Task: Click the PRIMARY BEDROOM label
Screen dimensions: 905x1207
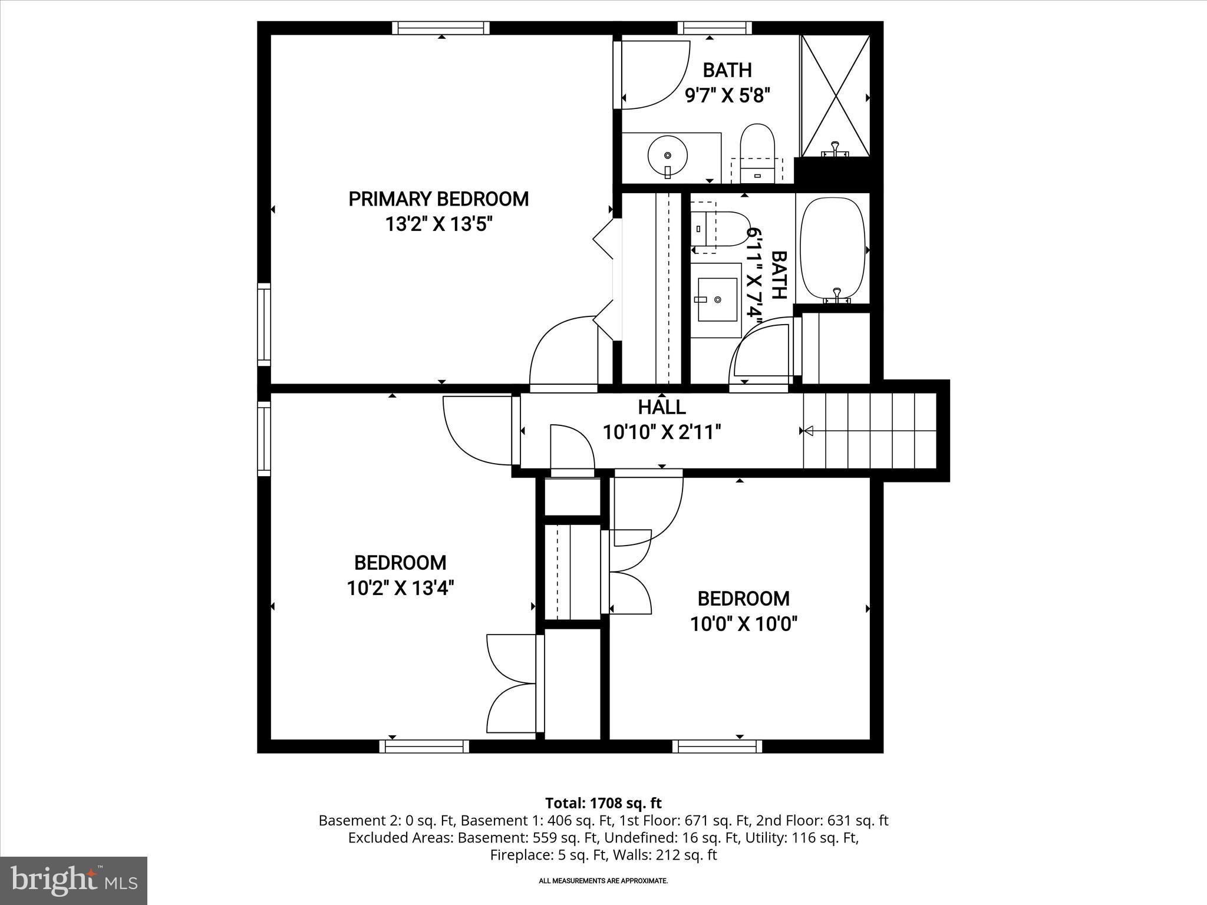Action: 438,199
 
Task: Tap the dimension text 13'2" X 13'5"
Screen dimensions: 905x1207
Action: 438,224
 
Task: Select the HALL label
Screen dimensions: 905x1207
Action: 661,407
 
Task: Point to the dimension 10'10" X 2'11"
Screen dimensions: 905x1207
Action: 661,432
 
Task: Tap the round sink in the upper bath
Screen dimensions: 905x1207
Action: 667,156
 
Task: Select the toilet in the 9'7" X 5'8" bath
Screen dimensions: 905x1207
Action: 757,147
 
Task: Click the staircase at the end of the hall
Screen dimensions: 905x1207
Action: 869,431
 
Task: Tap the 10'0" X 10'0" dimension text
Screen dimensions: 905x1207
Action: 743,624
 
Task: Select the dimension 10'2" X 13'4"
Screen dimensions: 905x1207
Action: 400,588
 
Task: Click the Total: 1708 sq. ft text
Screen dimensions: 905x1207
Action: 603,803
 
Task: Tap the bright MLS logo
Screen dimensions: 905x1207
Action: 74,880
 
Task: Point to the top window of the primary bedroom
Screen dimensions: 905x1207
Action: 441,28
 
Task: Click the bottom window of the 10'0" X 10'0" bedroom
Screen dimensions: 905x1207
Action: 717,747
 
